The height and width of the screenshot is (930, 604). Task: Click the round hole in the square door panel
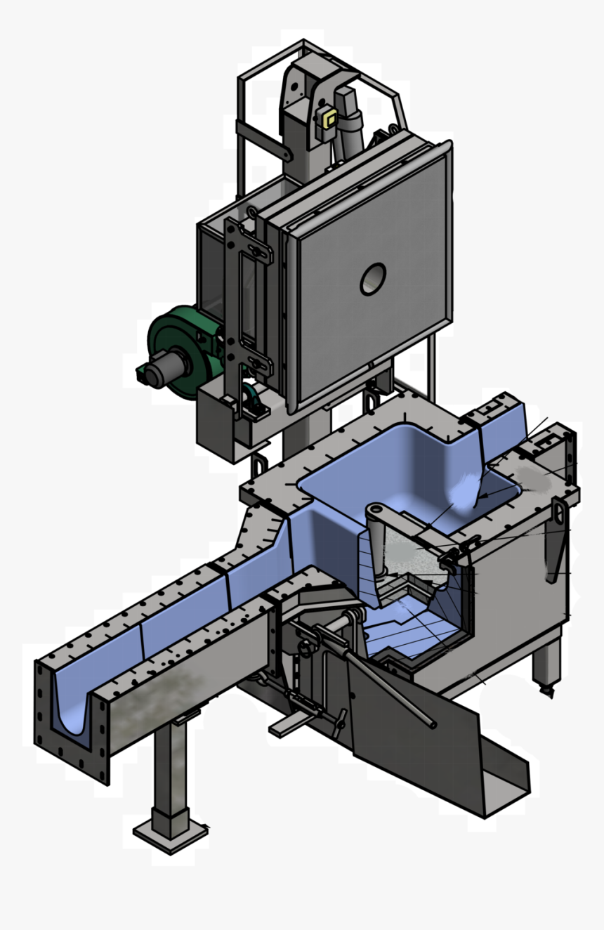pyautogui.click(x=373, y=280)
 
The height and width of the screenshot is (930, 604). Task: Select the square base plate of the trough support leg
pyautogui.click(x=171, y=836)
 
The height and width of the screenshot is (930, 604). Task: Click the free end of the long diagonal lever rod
pyautogui.click(x=431, y=723)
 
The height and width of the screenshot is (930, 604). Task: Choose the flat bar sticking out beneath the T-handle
pyautogui.click(x=288, y=727)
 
